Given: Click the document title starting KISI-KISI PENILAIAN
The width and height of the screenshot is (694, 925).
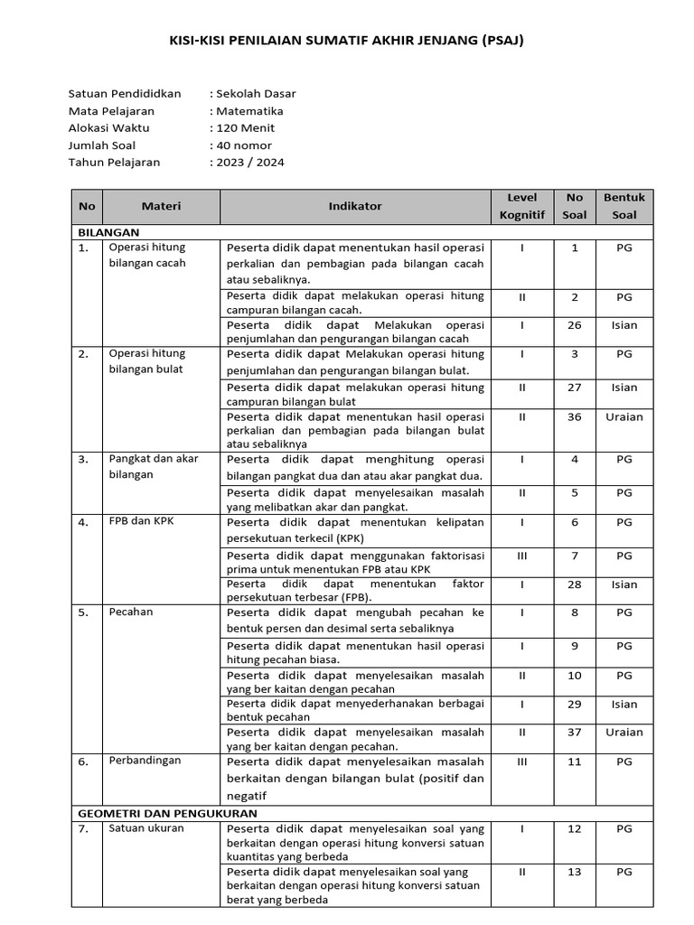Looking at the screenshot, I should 346,41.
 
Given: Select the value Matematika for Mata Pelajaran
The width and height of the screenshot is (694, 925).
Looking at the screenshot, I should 249,111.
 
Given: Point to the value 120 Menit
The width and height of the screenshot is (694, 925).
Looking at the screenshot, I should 244,128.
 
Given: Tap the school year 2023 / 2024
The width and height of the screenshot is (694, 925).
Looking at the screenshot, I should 249,163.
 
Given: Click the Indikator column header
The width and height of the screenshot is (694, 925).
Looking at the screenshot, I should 355,206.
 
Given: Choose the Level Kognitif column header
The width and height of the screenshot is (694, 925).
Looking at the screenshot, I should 522,206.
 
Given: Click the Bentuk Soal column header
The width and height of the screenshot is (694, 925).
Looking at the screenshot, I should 624,206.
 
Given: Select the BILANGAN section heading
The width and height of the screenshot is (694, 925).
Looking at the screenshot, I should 108,232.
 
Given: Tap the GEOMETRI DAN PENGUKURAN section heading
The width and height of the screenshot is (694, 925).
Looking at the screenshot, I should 167,813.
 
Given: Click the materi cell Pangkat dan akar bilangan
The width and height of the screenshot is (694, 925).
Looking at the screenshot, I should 153,466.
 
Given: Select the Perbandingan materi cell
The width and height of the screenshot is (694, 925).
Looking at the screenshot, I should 145,761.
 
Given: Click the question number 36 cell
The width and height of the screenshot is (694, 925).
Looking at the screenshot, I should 575,417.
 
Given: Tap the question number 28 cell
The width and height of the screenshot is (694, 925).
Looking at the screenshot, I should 575,584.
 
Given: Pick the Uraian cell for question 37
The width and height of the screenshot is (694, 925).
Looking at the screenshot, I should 624,733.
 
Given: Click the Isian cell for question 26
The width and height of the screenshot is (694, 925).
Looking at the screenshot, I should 624,325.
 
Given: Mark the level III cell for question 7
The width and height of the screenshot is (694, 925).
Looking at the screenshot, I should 522,556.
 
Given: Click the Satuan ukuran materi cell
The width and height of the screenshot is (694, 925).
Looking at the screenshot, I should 146,828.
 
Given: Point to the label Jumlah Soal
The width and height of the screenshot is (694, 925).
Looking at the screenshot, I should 105,145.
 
